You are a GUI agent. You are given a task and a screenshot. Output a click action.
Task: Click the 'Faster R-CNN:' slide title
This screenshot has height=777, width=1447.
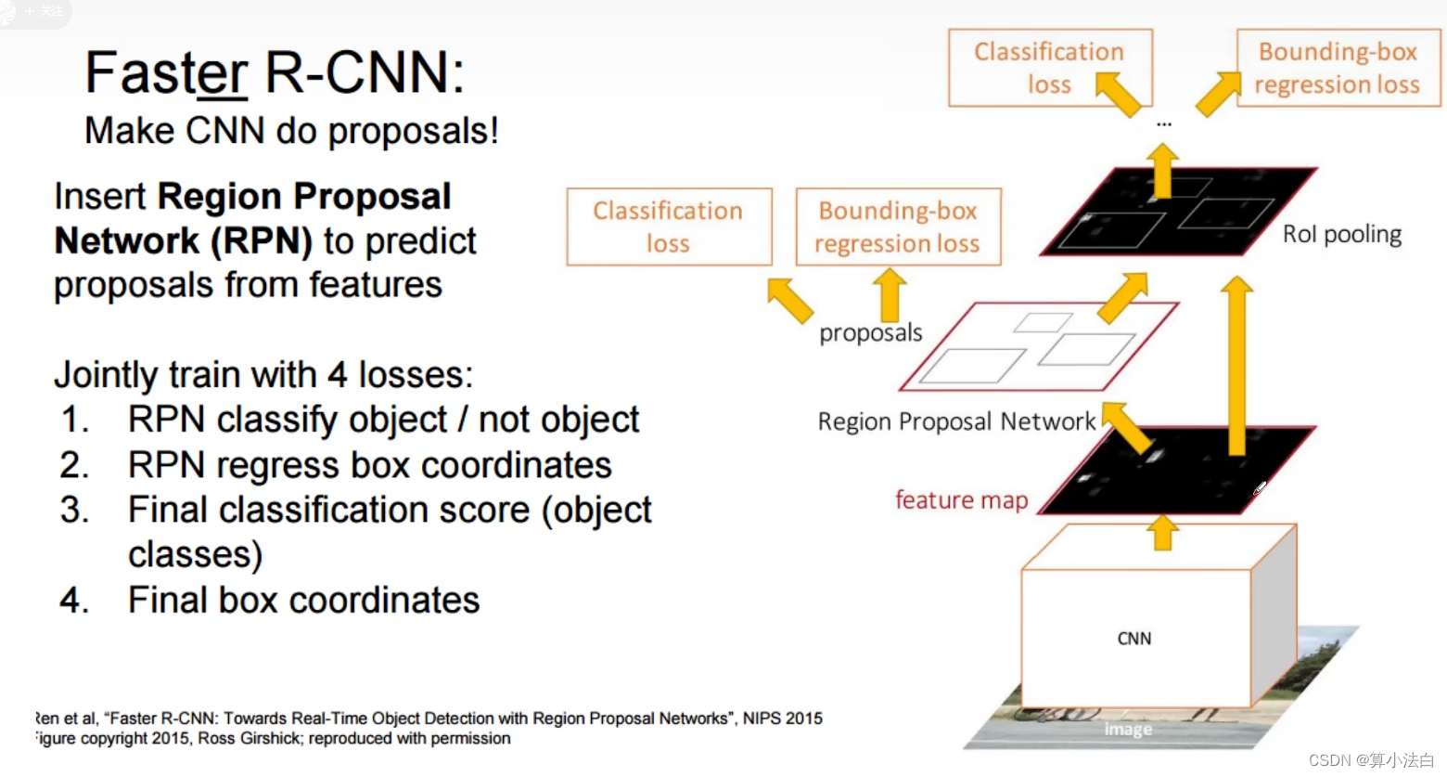click(275, 72)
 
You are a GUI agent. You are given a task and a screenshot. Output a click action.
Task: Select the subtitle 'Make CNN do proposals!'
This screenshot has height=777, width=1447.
click(291, 131)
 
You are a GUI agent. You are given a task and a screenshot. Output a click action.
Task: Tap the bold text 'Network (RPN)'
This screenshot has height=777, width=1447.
click(184, 241)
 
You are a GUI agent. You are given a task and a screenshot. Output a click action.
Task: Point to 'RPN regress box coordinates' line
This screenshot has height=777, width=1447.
click(369, 465)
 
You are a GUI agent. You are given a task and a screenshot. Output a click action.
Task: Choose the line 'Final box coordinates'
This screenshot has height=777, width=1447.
click(303, 600)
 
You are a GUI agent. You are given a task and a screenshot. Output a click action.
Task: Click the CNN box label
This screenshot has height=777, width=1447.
click(1134, 639)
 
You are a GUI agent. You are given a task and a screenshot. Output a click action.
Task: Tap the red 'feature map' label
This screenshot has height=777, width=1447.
click(961, 500)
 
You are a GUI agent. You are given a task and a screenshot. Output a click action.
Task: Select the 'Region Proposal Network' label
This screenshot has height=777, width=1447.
click(956, 422)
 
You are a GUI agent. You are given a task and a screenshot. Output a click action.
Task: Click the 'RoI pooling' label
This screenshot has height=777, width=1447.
click(1341, 234)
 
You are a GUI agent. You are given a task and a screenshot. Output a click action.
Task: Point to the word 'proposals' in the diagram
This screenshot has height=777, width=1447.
click(870, 332)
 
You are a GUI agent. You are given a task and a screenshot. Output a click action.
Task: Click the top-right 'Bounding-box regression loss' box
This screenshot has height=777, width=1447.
click(1338, 68)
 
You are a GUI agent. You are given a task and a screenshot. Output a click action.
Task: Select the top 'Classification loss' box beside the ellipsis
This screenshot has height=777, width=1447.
click(1049, 68)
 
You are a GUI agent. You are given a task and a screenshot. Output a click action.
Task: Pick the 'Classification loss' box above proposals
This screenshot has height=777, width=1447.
click(668, 227)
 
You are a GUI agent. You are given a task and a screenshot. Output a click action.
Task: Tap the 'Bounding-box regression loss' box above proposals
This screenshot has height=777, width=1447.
click(898, 227)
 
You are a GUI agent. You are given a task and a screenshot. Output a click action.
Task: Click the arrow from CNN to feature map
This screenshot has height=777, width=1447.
click(1162, 533)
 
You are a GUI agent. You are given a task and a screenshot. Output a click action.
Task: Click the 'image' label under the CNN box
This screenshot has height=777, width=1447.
click(1128, 730)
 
